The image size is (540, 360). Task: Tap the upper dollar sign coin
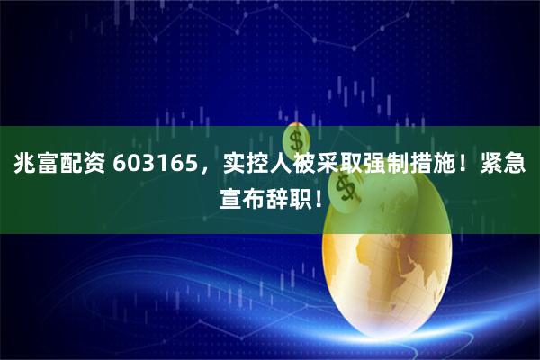(x=297, y=139)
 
